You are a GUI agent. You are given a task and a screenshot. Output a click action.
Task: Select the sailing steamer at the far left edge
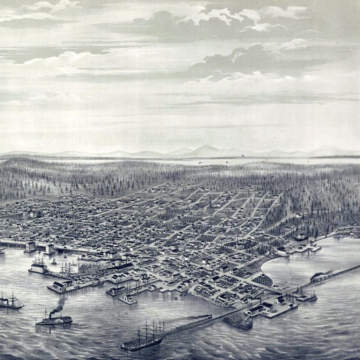pos(10,302)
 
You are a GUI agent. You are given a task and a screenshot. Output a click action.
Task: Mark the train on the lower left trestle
pos(196,320)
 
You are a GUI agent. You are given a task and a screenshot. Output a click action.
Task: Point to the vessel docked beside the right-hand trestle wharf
pos(306,296)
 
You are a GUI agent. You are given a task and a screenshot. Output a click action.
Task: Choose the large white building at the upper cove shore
pos(282,251)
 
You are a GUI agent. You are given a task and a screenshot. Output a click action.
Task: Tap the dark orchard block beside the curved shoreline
pos(262,279)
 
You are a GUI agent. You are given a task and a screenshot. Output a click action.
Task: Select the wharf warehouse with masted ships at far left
pos(40,268)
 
